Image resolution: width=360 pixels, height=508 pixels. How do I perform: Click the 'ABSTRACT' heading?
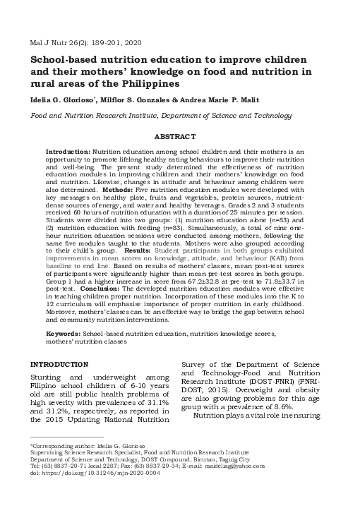180,136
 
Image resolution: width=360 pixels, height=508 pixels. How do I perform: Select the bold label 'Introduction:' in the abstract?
68,152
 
